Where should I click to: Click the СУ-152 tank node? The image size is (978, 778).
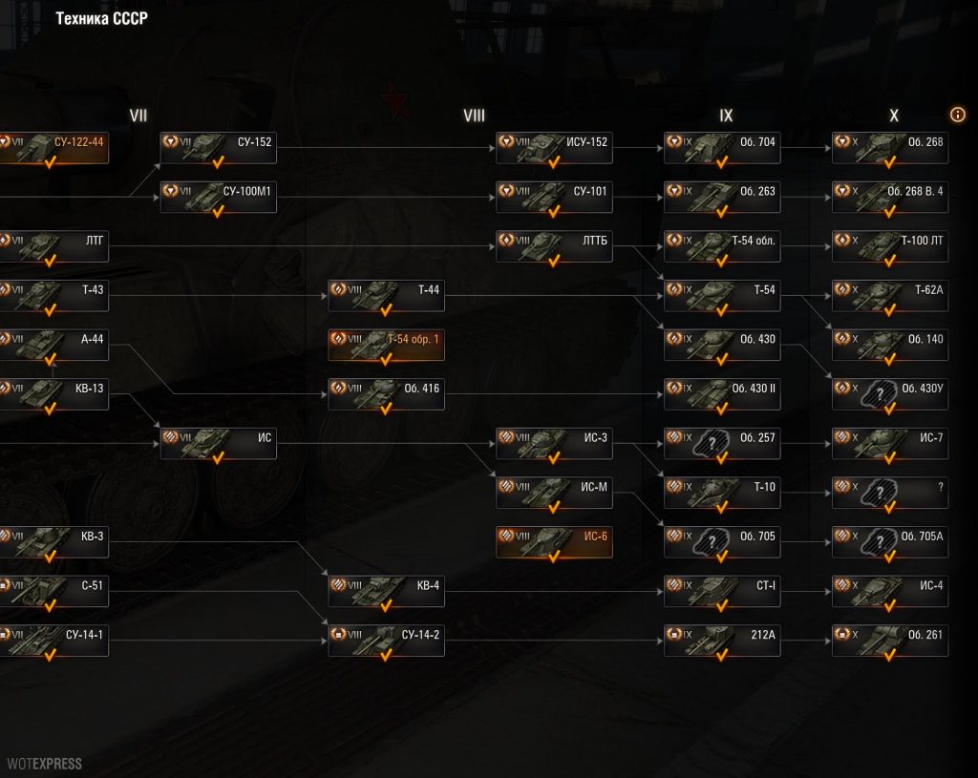218,148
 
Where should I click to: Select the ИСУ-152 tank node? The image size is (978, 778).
554,148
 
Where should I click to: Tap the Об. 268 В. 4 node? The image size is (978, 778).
890,197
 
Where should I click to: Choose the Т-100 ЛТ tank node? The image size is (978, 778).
890,246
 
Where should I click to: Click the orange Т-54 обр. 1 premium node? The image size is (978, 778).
386,345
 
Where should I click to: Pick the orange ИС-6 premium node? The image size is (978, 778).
554,541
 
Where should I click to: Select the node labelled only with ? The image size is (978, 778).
890,493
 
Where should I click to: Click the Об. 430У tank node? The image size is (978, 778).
890,394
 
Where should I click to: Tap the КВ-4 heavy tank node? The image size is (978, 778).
386,591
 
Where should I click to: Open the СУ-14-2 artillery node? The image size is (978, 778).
386,640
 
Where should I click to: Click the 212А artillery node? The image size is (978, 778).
722,640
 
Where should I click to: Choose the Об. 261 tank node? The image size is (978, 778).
890,640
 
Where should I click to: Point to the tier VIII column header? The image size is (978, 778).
474,116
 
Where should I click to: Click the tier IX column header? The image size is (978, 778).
726,116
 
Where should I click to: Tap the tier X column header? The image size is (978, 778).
894,116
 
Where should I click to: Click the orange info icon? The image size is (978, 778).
958,115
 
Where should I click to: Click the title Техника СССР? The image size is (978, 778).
101,19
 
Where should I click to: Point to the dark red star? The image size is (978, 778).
394,100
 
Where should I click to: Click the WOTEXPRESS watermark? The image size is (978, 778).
44,764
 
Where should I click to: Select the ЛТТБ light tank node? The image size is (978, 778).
554,246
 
